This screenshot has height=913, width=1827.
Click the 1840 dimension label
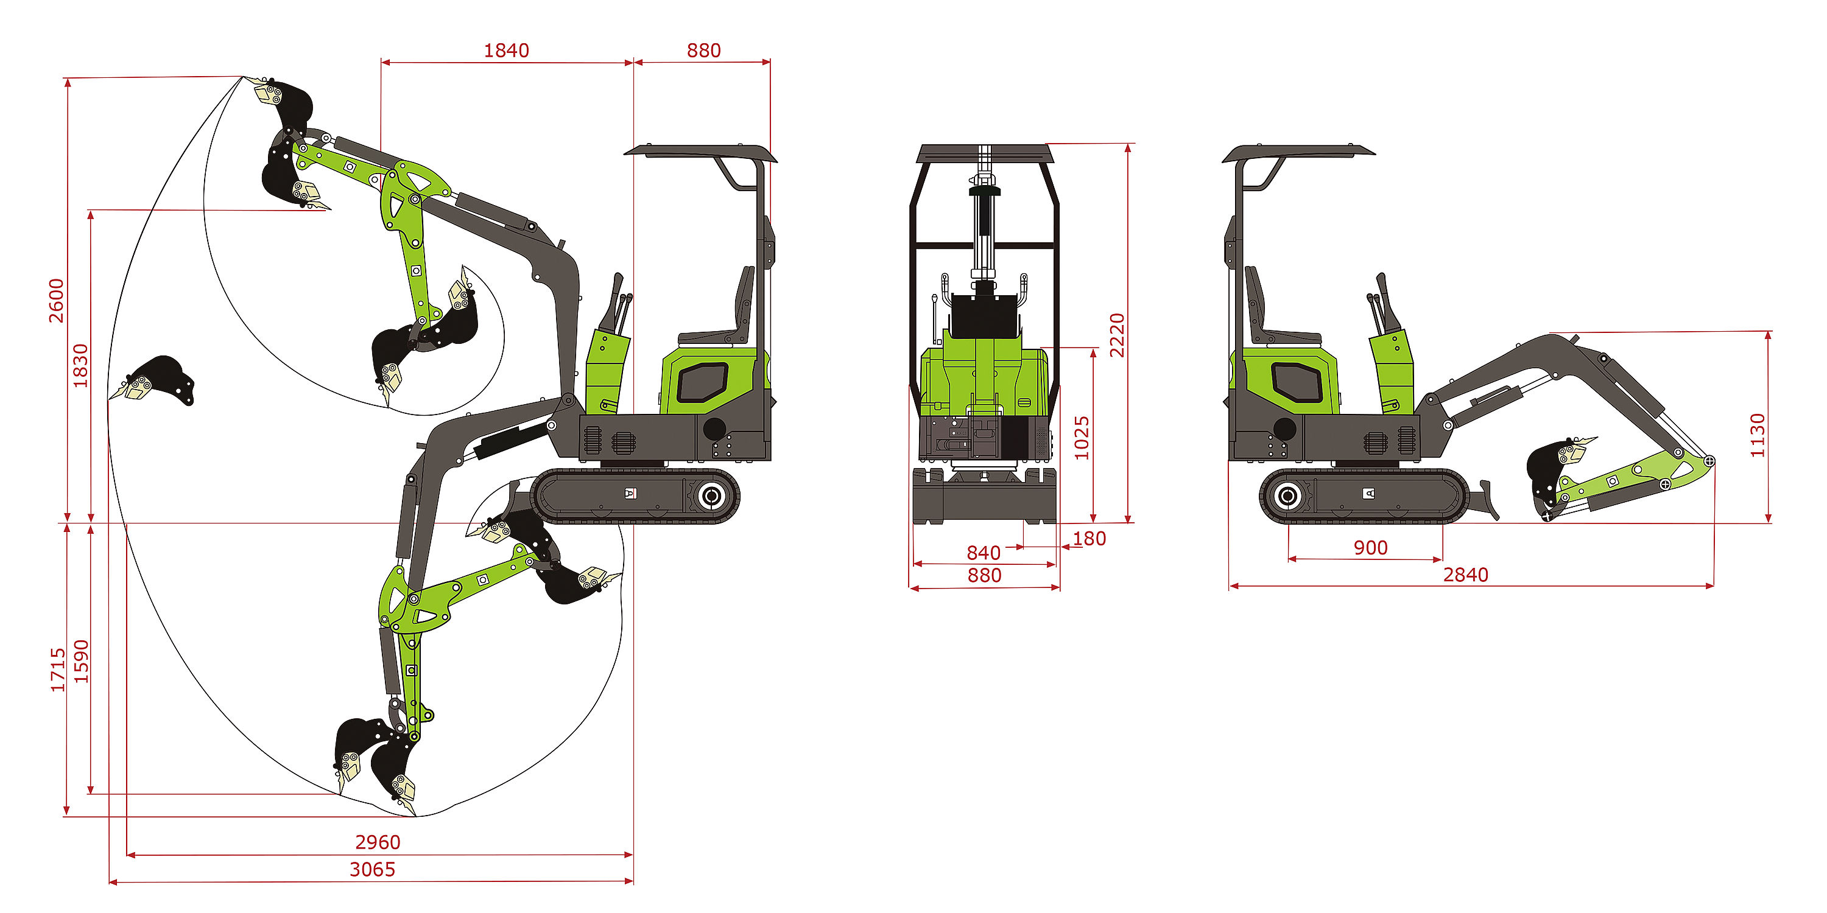[507, 51]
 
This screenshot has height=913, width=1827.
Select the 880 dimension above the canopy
[703, 51]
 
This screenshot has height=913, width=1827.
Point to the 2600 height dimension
[56, 301]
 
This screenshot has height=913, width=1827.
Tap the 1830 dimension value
[81, 366]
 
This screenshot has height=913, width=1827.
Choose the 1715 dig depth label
[57, 669]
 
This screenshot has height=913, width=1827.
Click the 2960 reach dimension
[378, 842]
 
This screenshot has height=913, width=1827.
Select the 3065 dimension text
[372, 869]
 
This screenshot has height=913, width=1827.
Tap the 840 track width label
[983, 552]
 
